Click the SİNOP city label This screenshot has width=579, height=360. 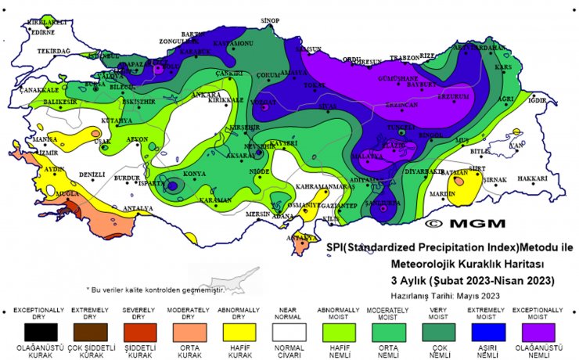[x=270, y=20]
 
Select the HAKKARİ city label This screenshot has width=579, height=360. [x=532, y=178]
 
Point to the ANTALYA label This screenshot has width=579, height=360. [x=138, y=208]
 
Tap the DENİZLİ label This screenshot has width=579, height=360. [x=92, y=174]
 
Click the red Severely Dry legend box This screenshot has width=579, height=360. [x=135, y=332]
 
